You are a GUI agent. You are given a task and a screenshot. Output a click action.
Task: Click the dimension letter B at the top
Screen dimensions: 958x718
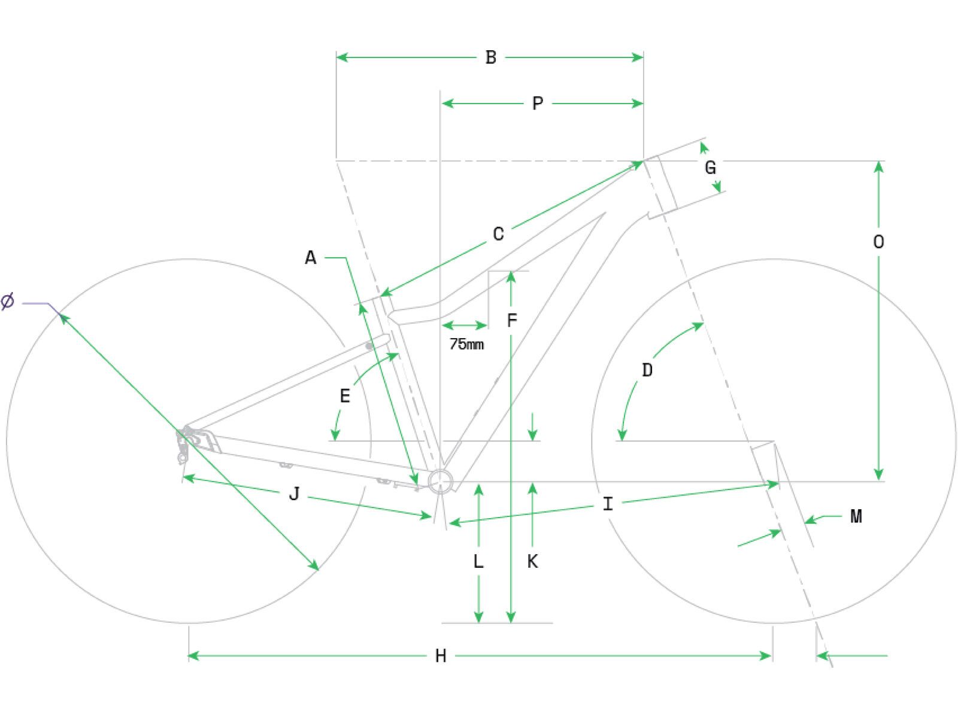490,57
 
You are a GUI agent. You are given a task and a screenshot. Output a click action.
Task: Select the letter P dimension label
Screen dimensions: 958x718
537,104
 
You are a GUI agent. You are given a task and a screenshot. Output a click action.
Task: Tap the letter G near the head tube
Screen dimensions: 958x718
710,168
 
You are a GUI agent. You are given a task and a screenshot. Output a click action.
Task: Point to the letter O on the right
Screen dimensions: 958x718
878,242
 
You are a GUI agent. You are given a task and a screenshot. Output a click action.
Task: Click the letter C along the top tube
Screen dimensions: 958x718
498,234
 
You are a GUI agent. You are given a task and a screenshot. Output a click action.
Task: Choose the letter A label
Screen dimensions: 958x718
310,258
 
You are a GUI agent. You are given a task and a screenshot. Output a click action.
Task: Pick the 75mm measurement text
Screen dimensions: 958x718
466,345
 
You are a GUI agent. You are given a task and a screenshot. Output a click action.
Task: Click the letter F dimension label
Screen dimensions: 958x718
511,321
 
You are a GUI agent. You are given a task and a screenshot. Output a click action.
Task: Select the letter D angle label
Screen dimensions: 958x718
647,370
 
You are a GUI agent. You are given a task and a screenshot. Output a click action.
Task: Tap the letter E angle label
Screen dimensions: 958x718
345,396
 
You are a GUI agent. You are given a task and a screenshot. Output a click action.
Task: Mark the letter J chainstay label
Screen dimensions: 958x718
294,494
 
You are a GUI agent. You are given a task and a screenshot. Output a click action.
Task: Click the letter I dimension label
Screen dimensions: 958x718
608,504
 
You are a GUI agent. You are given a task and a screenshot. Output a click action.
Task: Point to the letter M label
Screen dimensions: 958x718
856,516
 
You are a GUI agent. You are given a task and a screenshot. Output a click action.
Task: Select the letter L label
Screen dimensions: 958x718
478,562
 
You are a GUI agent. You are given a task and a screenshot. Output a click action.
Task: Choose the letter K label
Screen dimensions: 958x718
532,562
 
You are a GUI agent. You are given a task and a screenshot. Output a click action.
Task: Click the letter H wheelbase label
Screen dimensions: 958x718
440,656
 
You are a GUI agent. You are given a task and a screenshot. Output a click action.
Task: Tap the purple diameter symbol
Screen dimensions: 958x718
7,301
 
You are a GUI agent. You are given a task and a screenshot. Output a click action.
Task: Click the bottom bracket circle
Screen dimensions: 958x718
440,481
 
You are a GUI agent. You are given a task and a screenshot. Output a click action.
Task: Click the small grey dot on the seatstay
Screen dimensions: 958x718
369,346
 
